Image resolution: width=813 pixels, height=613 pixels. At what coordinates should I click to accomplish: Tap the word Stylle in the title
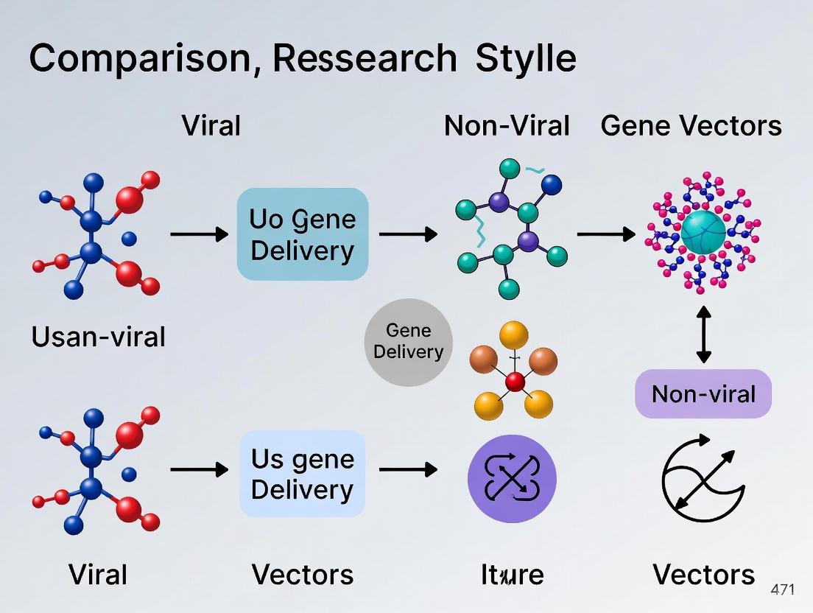tap(525, 58)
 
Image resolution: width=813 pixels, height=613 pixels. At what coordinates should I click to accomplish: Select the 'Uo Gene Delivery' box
tap(302, 234)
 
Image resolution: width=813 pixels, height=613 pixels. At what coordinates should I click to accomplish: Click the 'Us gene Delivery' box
tap(302, 474)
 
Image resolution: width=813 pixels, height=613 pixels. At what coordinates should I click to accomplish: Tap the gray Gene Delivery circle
tap(408, 342)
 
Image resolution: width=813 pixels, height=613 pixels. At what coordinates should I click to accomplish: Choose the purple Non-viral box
tap(703, 393)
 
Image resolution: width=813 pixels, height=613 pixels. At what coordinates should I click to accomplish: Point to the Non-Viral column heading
tap(507, 126)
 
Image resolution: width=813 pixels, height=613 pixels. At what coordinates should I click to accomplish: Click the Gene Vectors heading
tap(691, 126)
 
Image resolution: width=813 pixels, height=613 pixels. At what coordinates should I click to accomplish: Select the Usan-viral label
tap(98, 337)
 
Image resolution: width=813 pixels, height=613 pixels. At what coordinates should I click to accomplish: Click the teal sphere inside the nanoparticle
tap(703, 231)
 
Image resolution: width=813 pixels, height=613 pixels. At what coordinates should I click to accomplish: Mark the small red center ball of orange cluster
tap(515, 381)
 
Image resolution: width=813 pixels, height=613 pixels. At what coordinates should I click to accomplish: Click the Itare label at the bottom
tap(512, 574)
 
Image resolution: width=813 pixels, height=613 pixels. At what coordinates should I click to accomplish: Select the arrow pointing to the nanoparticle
tap(605, 234)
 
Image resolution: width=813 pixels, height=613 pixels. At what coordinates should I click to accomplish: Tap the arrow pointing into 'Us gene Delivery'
tap(199, 469)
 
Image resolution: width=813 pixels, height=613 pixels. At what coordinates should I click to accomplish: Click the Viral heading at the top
tap(211, 126)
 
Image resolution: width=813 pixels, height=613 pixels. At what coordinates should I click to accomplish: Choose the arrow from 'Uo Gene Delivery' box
tap(407, 234)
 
